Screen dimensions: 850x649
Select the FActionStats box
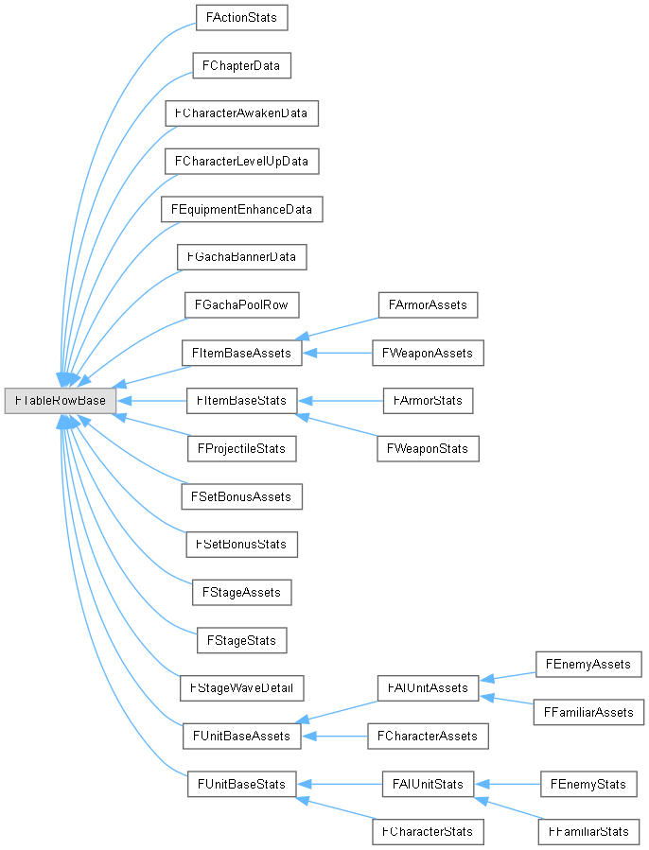pos(240,17)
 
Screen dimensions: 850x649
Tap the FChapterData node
pos(240,65)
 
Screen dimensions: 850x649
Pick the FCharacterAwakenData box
pos(240,113)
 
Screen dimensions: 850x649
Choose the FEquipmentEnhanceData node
pos(242,208)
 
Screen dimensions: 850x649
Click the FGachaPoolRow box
pos(242,304)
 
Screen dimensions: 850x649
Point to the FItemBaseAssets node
pos(242,353)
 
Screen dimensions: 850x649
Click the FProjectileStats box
pos(242,448)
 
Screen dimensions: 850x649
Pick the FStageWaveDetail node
pos(242,687)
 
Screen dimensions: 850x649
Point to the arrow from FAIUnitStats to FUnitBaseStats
pos(341,784)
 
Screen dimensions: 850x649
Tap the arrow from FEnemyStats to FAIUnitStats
pos(506,784)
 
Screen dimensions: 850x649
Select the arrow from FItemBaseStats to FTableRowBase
pos(151,401)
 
